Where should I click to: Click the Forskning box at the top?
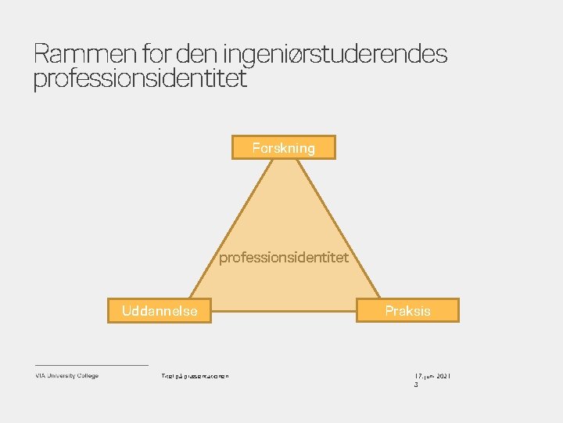283,147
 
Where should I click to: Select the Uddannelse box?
160,310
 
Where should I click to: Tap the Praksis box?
407,310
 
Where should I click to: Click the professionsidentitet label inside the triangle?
283,257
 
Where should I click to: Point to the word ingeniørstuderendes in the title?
335,55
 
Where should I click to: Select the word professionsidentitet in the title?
140,78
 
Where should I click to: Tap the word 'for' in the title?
159,55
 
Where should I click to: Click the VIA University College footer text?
66,376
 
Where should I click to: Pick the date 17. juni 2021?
432,377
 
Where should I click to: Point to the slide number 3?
416,385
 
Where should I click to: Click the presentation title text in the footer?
195,377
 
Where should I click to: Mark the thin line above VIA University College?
91,365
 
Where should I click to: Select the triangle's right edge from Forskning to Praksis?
333,228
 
